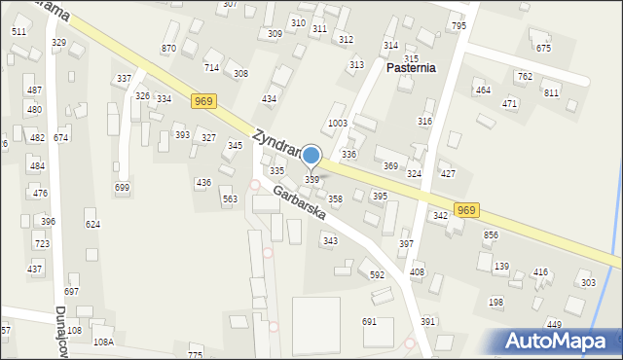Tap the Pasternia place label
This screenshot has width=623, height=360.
coord(411,68)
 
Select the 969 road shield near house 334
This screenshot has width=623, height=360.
coord(202,101)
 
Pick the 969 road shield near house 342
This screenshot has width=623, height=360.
coord(466,210)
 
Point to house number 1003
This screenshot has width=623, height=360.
coord(338,124)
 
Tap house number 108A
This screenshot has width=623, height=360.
coord(103,342)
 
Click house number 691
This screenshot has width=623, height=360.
coord(369,321)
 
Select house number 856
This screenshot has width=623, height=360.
coord(491,235)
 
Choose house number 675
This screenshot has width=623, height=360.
coord(543,48)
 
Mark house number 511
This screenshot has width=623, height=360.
coord(18,32)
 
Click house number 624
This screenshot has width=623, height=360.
coord(92,225)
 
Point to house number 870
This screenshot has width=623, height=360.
coord(169,49)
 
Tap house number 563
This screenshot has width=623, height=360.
coord(230,198)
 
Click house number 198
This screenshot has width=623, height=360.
coord(495,303)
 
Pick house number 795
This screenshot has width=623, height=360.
coord(458,26)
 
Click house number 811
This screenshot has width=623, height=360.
coord(551,92)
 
